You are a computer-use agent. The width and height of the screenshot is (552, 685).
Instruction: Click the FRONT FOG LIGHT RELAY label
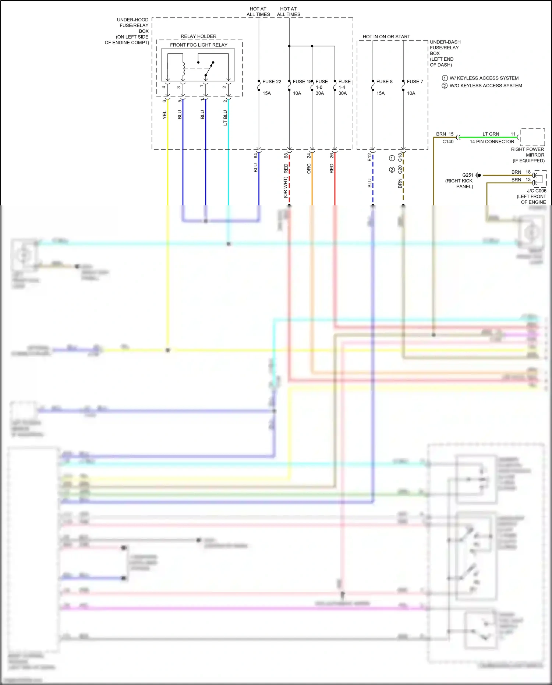click(198, 45)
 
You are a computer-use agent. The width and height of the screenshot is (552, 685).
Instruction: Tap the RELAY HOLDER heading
click(198, 36)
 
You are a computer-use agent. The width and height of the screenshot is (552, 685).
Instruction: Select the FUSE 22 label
click(272, 82)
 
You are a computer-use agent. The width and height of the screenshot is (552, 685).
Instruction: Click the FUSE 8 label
click(384, 82)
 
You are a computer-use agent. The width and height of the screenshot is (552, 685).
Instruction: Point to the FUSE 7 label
click(415, 82)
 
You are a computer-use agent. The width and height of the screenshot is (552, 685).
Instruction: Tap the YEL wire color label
click(164, 115)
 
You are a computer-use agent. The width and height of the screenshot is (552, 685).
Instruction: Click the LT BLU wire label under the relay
click(225, 118)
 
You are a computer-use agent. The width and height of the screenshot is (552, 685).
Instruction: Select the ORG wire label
click(309, 169)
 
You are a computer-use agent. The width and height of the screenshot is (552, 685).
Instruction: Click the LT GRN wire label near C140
click(491, 134)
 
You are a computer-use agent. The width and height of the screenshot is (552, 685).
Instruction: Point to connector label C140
click(448, 142)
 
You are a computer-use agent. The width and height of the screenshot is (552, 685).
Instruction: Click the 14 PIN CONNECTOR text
click(492, 142)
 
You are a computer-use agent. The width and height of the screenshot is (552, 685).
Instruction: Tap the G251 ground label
click(468, 175)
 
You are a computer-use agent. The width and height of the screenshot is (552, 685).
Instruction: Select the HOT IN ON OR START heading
click(386, 37)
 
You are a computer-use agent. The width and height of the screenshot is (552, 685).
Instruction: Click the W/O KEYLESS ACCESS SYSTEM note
click(485, 86)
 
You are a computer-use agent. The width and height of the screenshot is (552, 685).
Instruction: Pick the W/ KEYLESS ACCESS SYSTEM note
click(484, 78)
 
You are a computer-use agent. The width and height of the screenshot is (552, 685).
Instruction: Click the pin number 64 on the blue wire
click(256, 156)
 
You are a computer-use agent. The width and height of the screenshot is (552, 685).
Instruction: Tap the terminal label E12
click(369, 158)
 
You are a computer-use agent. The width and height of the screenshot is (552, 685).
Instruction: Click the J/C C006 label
click(537, 191)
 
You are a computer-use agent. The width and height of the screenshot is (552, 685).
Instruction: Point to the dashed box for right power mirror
click(532, 137)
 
